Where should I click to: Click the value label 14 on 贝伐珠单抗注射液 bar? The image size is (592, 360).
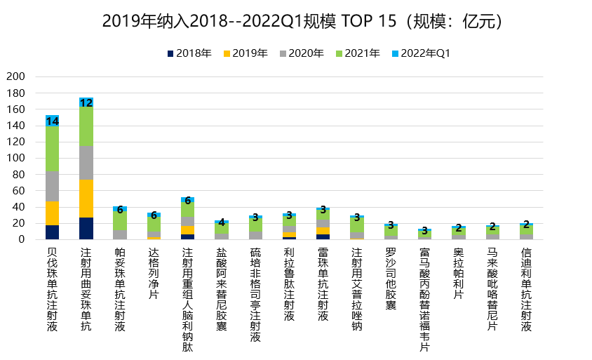point(52,121)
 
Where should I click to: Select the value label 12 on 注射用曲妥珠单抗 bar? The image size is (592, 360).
point(86,102)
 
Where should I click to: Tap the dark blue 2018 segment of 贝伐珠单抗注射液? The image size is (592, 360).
point(52,232)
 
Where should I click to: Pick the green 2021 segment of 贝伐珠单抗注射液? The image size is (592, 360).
point(52,148)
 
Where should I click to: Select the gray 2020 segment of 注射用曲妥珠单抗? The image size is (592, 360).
point(86,162)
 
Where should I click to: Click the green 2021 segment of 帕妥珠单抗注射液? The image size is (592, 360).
point(120,220)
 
